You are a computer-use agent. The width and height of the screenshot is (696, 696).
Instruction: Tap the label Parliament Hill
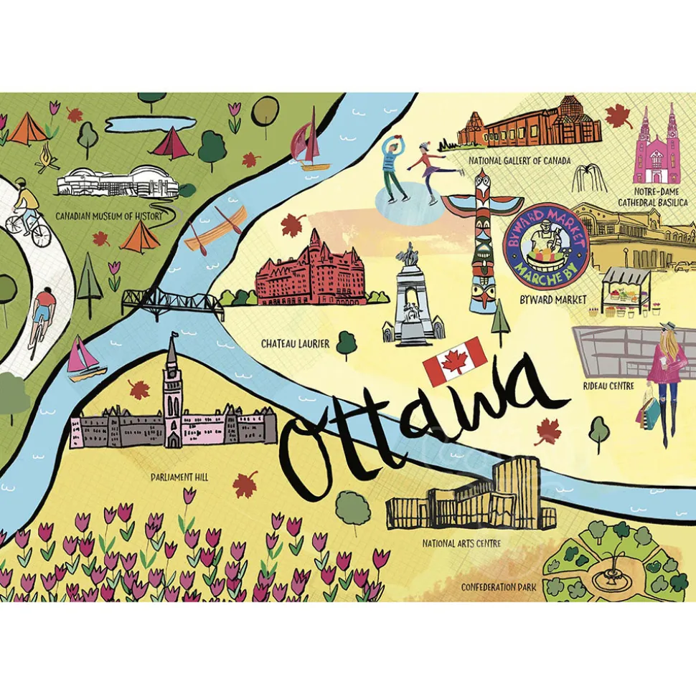coord(179,476)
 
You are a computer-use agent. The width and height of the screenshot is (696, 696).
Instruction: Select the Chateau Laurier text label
coord(295,344)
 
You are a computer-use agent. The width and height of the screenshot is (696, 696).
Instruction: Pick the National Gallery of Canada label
coord(519,161)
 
